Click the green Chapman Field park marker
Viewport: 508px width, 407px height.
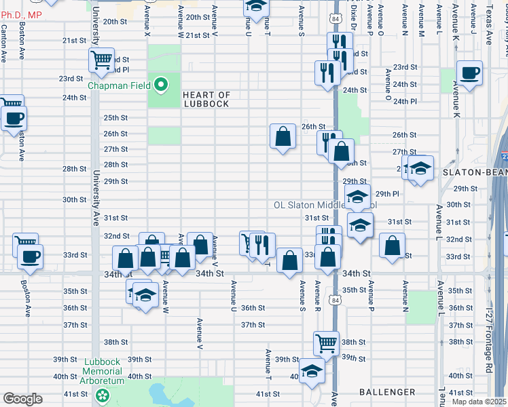(x=161, y=85)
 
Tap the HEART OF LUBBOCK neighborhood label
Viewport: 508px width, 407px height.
(x=207, y=100)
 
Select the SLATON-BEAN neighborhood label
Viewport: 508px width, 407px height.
(x=475, y=173)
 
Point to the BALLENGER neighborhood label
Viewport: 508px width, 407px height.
(x=388, y=392)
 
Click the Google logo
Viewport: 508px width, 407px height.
(x=22, y=399)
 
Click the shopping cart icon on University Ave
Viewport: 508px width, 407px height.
(x=101, y=60)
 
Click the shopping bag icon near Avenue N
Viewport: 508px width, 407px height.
(x=392, y=246)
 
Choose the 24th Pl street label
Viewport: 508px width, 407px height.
(x=404, y=101)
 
